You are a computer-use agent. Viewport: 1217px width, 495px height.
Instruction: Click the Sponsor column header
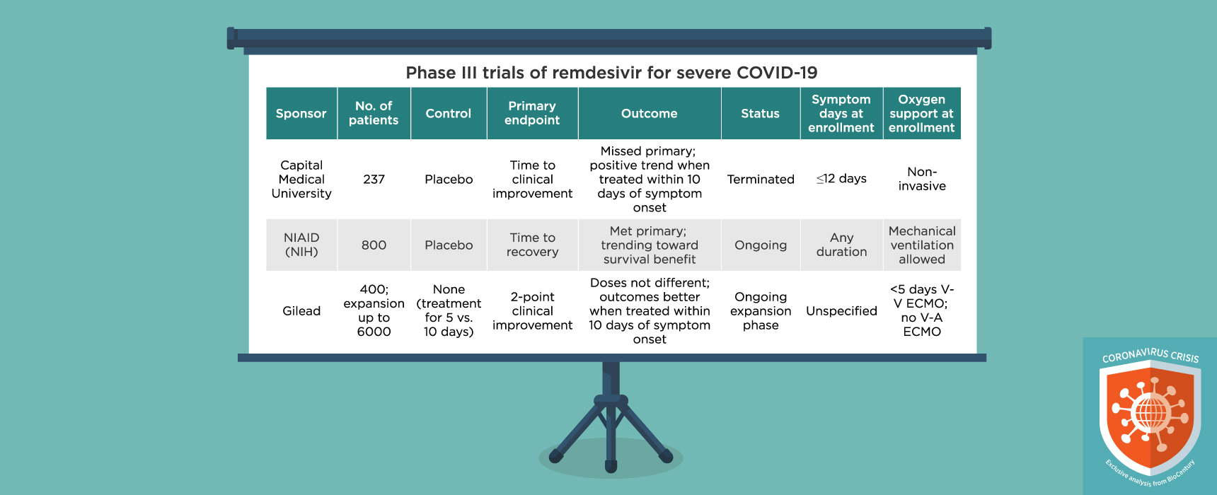[x=301, y=113]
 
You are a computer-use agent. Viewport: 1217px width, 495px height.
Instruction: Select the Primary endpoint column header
[x=532, y=113]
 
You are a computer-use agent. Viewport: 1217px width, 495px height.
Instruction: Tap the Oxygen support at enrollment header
[x=921, y=113]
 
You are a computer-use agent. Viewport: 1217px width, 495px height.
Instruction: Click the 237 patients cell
[x=374, y=179]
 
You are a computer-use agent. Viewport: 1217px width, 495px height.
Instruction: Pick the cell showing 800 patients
[x=374, y=245]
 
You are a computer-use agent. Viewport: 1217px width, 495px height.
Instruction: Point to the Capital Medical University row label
[x=301, y=179]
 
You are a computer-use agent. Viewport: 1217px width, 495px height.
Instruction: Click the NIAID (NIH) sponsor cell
[x=301, y=245]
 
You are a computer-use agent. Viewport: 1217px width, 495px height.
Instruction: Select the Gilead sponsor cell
[x=301, y=310]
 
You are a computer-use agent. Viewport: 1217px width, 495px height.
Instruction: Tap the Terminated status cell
[x=761, y=179]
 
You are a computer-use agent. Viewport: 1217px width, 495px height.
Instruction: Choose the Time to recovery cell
[x=532, y=245]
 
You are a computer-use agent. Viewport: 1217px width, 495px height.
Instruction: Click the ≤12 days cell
[x=841, y=178]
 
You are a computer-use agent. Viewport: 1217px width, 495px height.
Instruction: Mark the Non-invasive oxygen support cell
[x=921, y=179]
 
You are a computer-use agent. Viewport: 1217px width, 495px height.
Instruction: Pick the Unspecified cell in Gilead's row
[x=841, y=310]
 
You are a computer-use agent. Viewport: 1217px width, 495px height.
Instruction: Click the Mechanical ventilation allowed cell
[x=921, y=245]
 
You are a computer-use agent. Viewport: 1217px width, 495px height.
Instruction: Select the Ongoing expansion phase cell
[x=761, y=310]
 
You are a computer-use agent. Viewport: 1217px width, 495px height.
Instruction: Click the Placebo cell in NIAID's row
[x=449, y=245]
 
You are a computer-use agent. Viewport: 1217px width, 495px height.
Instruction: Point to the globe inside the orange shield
[x=1150, y=413]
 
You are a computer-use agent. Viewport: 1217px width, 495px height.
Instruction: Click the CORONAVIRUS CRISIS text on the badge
[x=1150, y=354]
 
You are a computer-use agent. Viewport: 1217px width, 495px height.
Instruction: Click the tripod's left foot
[x=556, y=456]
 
